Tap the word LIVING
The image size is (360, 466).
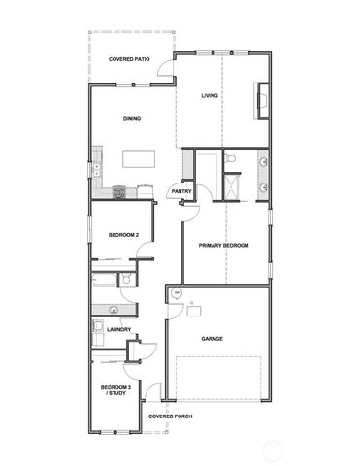tap(209, 96)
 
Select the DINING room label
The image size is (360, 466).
tap(132, 119)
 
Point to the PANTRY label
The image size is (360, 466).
tap(180, 191)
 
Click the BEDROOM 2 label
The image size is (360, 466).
tap(123, 234)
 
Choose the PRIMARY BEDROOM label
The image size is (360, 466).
tap(223, 246)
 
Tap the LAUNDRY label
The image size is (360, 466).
tap(119, 330)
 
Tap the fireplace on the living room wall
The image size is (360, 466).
tap(260, 100)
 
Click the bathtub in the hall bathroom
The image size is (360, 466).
tap(104, 281)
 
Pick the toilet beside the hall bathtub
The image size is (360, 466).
tap(126, 281)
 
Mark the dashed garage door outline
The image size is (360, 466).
tap(233, 379)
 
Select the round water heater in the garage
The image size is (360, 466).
tap(176, 292)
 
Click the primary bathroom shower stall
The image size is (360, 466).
tap(233, 185)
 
